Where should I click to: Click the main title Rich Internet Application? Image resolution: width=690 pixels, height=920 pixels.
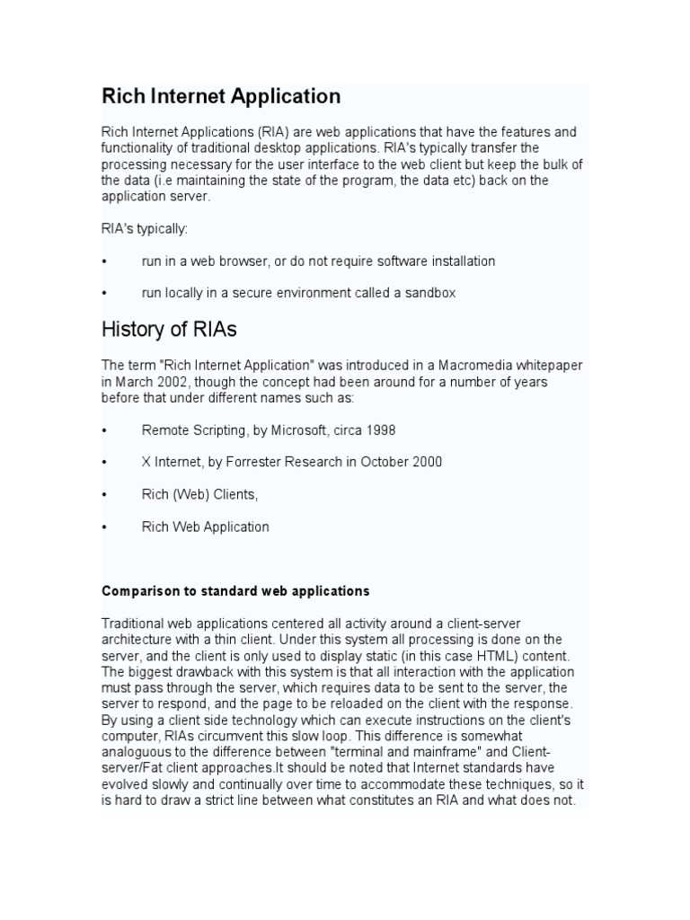(x=221, y=96)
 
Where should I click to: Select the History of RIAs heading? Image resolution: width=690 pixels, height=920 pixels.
(x=170, y=330)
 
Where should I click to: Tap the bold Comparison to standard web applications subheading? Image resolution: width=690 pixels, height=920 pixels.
(x=235, y=591)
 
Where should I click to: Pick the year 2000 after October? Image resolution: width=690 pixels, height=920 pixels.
(x=425, y=462)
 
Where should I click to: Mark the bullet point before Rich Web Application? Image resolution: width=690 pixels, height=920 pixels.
(x=105, y=527)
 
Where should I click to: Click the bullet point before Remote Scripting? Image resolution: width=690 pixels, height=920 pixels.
(x=105, y=430)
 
